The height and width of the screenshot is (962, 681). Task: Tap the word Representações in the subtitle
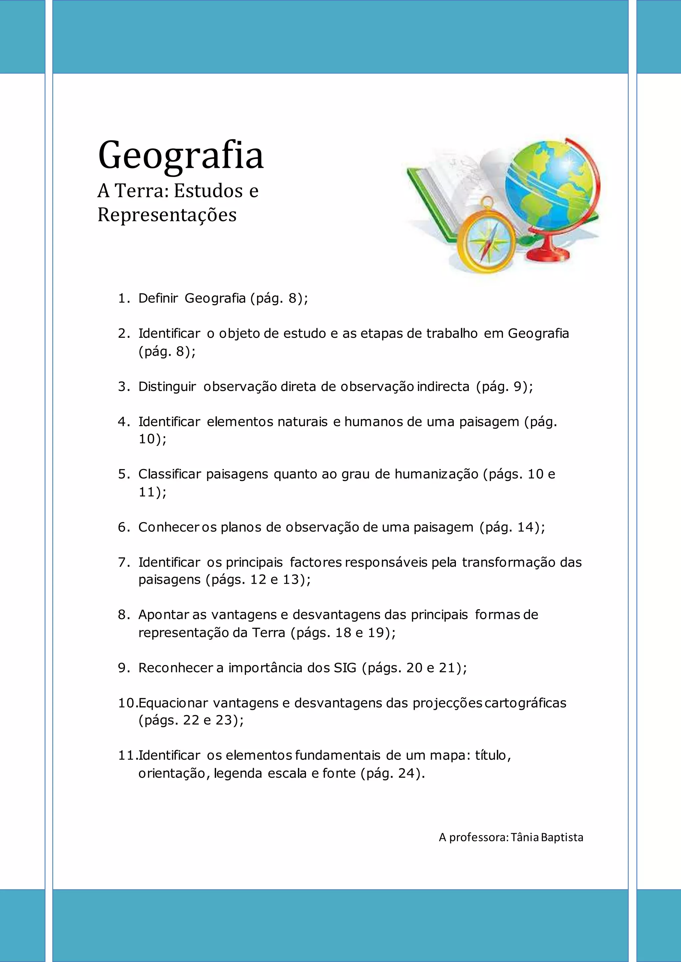[167, 215]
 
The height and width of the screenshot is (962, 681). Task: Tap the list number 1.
[122, 298]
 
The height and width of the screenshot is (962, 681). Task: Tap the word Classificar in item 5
[170, 474]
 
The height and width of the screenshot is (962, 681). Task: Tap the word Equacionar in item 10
[173, 703]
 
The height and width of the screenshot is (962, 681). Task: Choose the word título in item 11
[493, 755]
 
